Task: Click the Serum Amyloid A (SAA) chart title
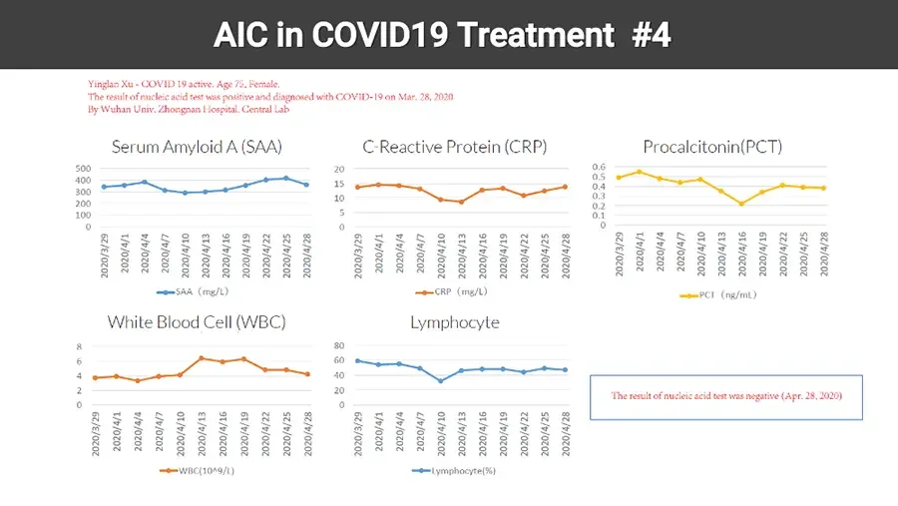[197, 147]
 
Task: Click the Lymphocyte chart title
[454, 322]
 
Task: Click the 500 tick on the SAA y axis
[83, 170]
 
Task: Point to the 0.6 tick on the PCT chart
[599, 167]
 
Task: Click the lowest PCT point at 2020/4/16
[741, 204]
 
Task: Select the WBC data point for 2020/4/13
[202, 357]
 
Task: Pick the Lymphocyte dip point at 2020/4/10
[440, 380]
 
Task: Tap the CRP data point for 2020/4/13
[461, 202]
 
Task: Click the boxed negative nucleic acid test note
[726, 396]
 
